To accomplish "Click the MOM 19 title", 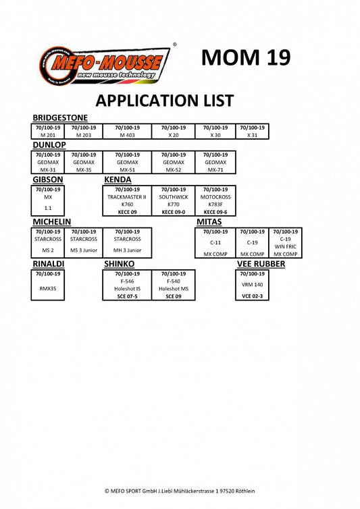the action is (x=246, y=58).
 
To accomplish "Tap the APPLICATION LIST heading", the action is (x=165, y=101).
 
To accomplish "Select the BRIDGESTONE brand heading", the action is (x=60, y=117).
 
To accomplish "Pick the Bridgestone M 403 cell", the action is (x=128, y=132).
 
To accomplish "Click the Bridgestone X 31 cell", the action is (x=252, y=132).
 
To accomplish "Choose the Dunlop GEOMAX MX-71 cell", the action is (x=215, y=162).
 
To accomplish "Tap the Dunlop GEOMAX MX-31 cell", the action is (x=48, y=162).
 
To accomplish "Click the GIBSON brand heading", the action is (x=48, y=180).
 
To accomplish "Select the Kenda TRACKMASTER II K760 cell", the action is (x=128, y=200).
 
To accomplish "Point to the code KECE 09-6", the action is (x=215, y=212).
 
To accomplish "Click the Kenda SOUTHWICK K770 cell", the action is (x=174, y=200).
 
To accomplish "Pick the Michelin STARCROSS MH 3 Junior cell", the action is (x=128, y=243).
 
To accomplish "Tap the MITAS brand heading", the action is (x=209, y=221).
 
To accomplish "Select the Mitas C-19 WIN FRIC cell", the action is (x=285, y=243).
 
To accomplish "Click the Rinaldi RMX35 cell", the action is (x=48, y=285).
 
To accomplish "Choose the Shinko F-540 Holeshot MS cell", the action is (x=174, y=285).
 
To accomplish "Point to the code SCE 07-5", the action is (x=128, y=296).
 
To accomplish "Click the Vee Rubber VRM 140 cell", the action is (x=252, y=285).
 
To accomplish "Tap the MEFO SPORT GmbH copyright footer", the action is (x=180, y=491).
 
